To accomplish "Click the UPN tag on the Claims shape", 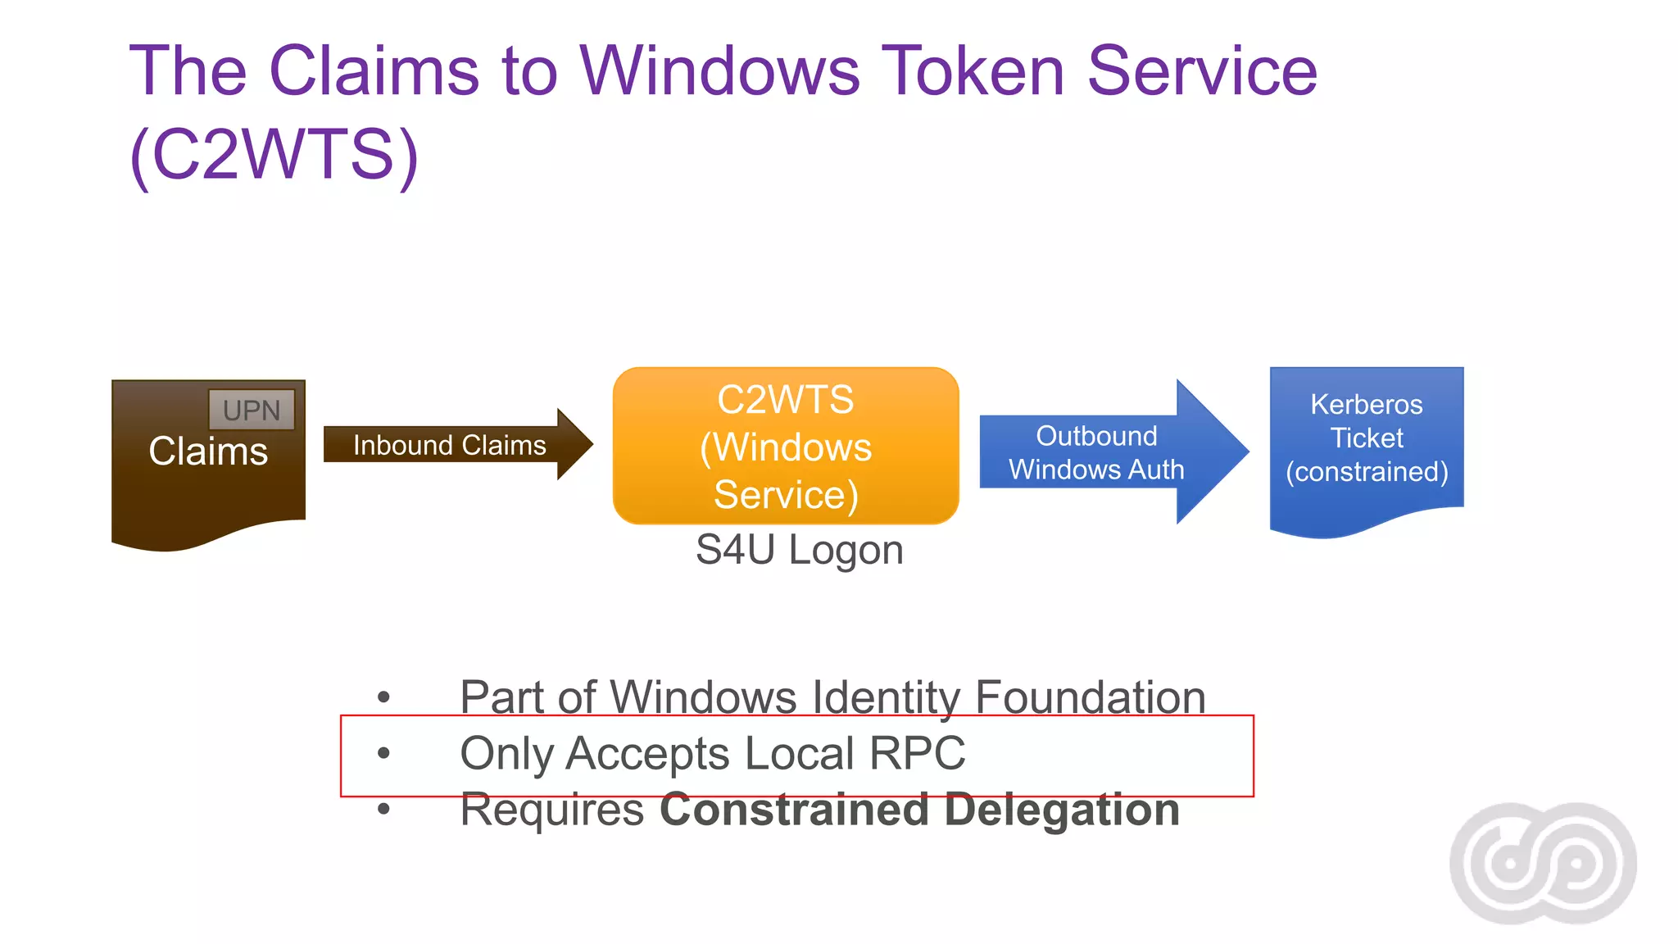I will pos(252,410).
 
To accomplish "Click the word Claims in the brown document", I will pos(208,452).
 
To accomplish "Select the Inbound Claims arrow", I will pos(449,445).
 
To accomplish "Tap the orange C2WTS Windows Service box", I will pos(785,447).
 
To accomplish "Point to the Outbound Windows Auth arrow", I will pos(1096,452).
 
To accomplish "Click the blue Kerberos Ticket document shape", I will pos(1366,442).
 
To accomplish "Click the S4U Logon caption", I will pos(799,550).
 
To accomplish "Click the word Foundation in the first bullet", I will pos(1090,697).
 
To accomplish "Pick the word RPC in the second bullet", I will pos(917,753).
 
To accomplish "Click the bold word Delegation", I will pos(1061,810).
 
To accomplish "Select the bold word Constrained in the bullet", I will pos(794,810).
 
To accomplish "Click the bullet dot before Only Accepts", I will pos(383,753).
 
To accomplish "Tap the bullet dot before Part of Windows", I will pos(383,697).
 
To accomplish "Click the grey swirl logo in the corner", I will pos(1543,863).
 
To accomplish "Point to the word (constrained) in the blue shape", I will pos(1366,472).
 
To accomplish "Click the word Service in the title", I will pos(1202,71).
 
